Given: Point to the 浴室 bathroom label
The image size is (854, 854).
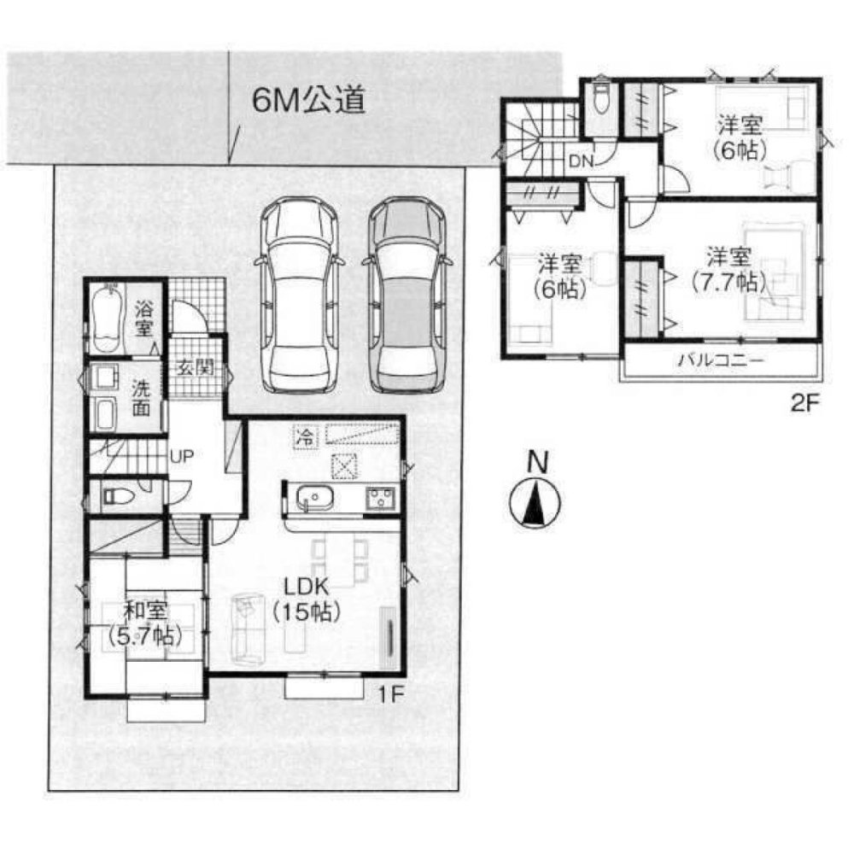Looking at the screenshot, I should tap(143, 317).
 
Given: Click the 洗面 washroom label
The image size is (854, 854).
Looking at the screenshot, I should tap(142, 397).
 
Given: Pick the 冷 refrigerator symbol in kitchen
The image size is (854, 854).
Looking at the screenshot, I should tap(303, 436).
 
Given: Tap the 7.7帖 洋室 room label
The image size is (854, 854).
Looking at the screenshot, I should tap(728, 267).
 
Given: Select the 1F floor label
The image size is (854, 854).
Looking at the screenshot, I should tap(390, 695).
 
